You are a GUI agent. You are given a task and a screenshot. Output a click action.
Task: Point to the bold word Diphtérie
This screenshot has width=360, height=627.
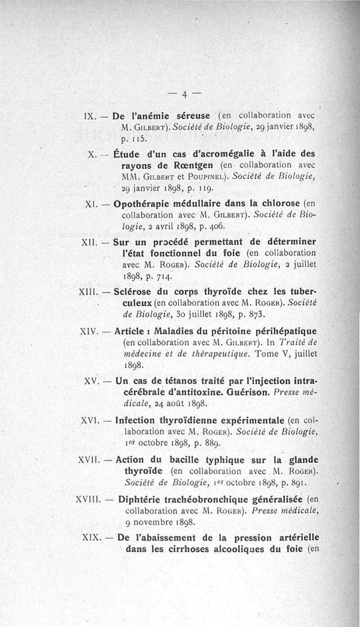coord(139,500)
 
